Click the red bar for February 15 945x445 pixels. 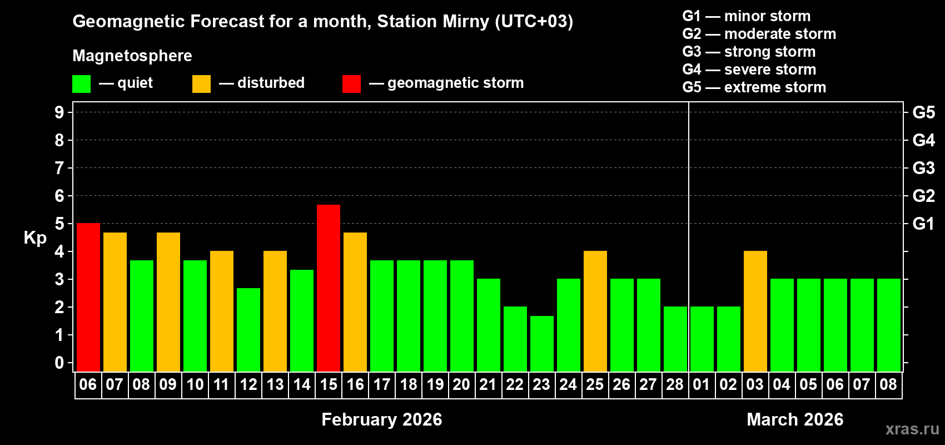(x=329, y=288)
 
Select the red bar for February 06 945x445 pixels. (x=88, y=298)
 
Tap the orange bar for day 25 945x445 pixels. (x=595, y=311)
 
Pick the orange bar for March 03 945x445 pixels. (x=755, y=311)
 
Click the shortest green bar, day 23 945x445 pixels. (x=542, y=344)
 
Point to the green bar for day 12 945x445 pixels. (x=248, y=330)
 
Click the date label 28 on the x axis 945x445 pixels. (x=675, y=384)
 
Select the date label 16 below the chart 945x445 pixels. (x=355, y=384)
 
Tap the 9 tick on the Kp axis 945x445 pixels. (x=59, y=112)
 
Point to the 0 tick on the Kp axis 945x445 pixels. (x=59, y=363)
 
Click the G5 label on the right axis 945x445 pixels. (x=924, y=112)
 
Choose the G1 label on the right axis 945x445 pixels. (x=924, y=224)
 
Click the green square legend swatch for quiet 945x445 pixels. (x=82, y=84)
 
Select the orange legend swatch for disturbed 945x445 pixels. (x=201, y=84)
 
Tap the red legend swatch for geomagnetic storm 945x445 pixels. (x=351, y=84)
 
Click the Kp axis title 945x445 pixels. (x=35, y=238)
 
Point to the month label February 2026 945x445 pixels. (x=382, y=419)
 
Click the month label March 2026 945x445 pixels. (x=795, y=419)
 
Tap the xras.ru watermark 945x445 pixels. (x=912, y=429)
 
